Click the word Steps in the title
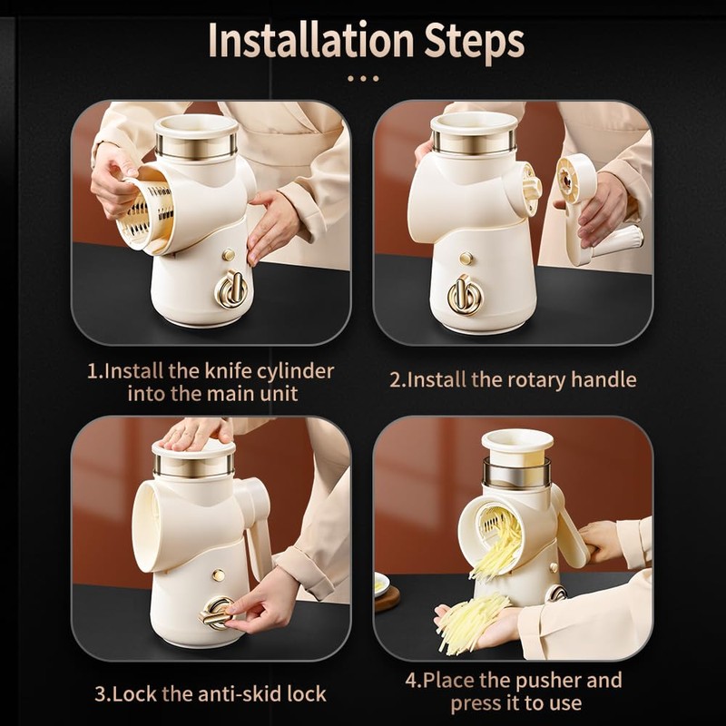tap(475, 43)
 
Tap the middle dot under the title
tap(363, 79)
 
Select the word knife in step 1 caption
tap(229, 371)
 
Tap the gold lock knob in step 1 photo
tap(231, 289)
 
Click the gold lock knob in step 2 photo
tap(465, 296)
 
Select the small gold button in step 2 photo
tap(466, 258)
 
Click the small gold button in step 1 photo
tap(229, 255)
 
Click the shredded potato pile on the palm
tap(472, 622)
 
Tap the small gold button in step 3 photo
tap(219, 575)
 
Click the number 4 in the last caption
tap(412, 682)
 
